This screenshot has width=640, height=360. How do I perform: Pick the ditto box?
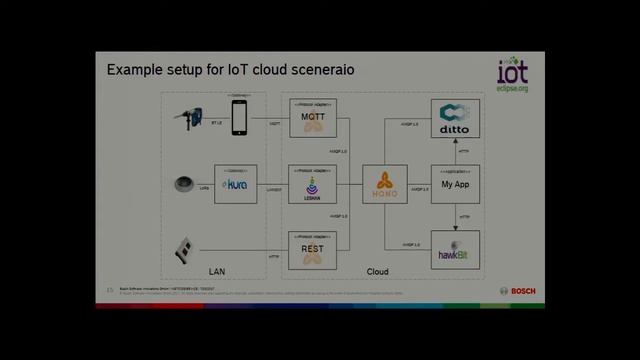click(455, 120)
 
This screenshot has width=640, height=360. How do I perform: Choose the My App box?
click(455, 184)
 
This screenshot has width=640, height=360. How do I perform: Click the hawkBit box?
click(455, 248)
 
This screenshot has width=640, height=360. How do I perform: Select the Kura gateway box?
click(236, 184)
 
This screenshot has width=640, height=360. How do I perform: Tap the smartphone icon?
click(239, 116)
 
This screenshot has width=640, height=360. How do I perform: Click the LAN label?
click(216, 271)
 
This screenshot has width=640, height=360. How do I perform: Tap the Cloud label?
click(377, 271)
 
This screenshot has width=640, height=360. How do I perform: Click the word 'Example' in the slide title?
click(136, 71)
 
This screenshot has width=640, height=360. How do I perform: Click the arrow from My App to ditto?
click(455, 152)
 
